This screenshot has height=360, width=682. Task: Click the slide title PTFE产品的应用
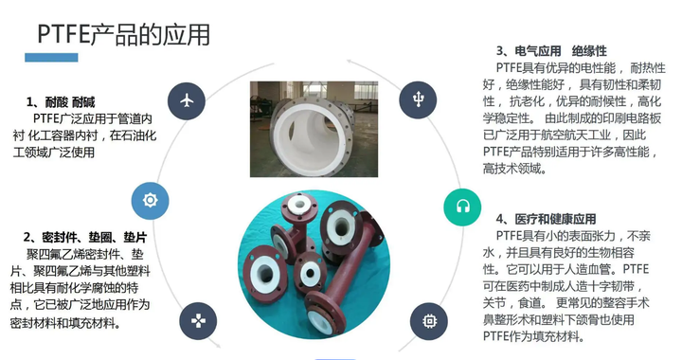122,35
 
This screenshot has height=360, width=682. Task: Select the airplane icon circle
186,99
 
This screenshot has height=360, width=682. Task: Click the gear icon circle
149,200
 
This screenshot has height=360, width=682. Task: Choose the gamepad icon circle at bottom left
198,319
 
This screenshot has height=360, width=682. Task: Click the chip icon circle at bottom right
417,319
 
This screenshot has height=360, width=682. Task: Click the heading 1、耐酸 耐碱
62,101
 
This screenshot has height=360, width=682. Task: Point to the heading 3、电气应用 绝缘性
550,50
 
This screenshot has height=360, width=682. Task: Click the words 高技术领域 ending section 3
514,168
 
